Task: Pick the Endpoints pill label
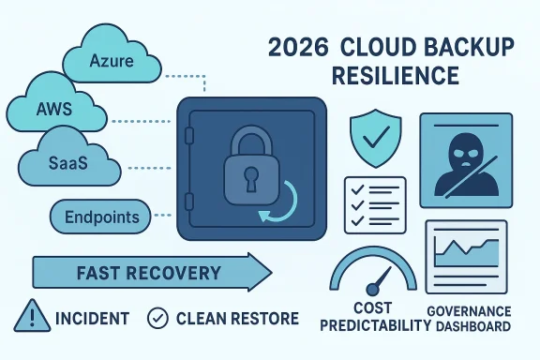[101, 217]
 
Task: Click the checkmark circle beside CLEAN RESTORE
[159, 319]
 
